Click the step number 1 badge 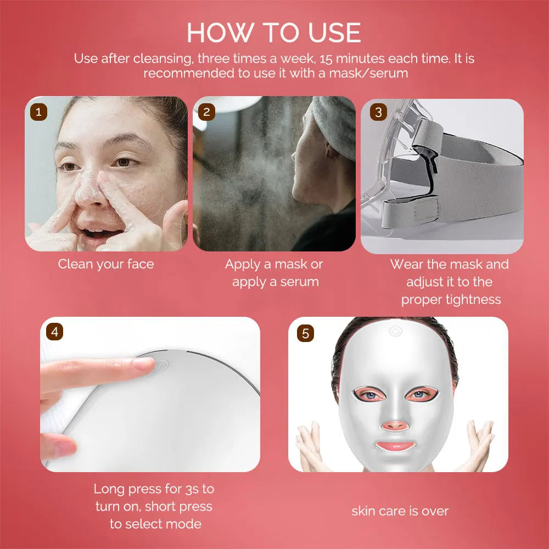[x=38, y=112]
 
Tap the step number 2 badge [x=206, y=112]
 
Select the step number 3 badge [x=378, y=113]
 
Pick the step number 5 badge [x=305, y=333]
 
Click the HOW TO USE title [x=274, y=33]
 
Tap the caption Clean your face [x=106, y=264]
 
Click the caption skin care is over [x=400, y=511]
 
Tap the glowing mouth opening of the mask [x=395, y=446]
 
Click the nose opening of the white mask [x=394, y=425]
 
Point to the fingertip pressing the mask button [x=143, y=363]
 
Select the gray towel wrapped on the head [x=335, y=124]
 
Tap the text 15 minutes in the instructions [x=346, y=59]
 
